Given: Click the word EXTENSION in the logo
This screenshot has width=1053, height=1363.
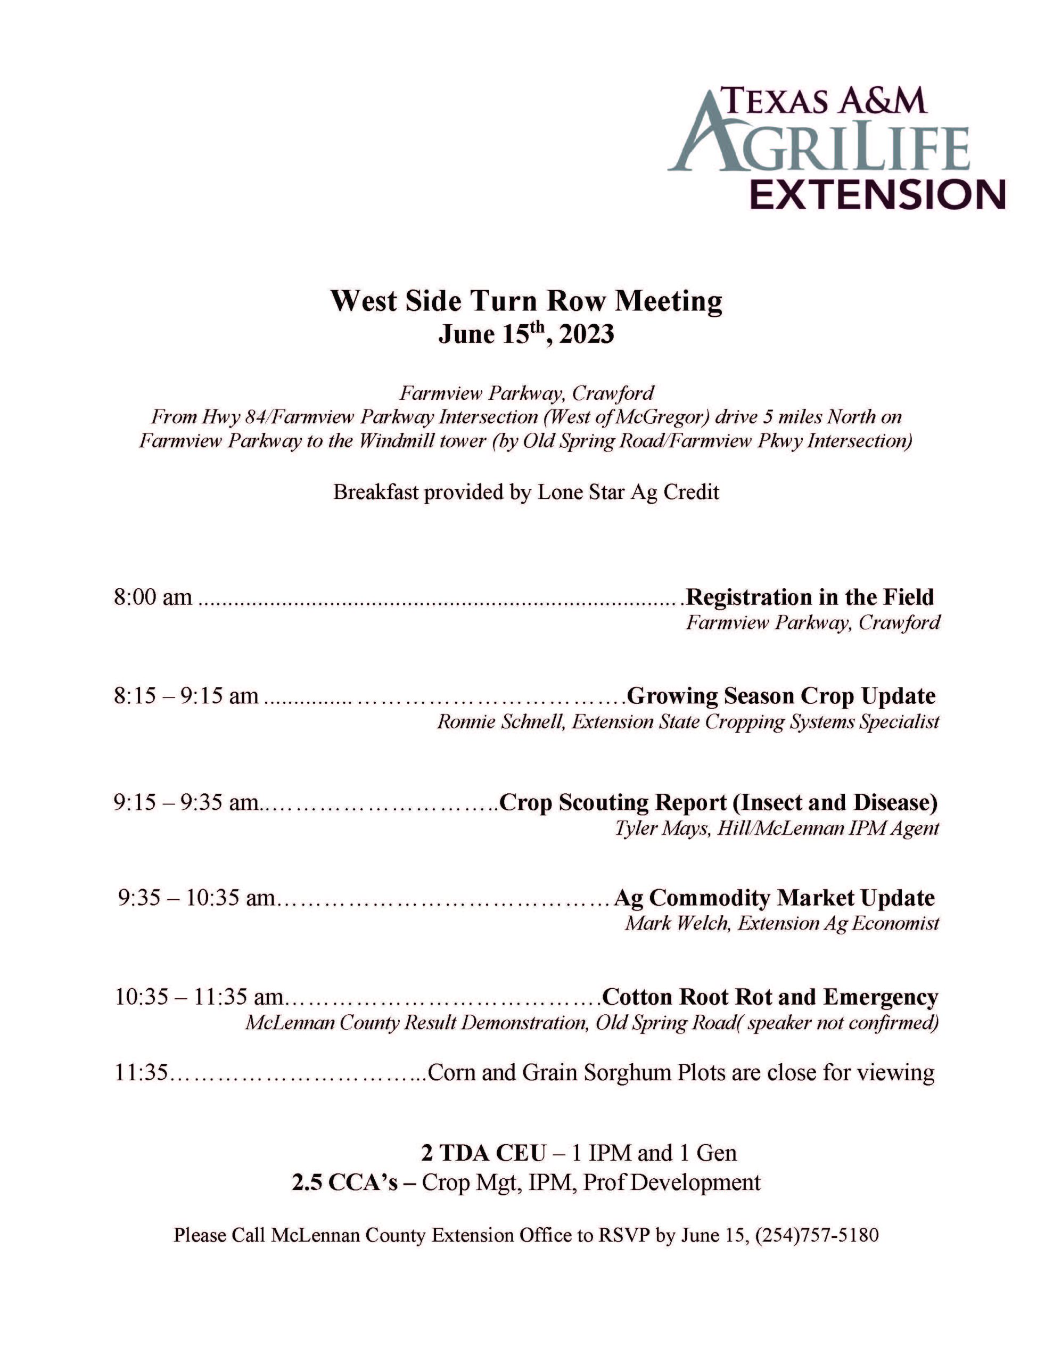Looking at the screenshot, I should click(x=877, y=194).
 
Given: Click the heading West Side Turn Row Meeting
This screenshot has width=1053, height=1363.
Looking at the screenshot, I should click(x=526, y=301).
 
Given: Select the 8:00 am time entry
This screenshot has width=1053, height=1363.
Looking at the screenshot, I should click(x=153, y=597).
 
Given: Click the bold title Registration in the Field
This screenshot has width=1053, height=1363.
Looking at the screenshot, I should click(x=809, y=597).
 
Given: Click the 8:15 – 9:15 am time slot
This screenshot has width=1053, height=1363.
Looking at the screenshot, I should click(x=186, y=696).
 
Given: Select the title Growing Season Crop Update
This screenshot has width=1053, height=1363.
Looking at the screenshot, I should click(x=780, y=696).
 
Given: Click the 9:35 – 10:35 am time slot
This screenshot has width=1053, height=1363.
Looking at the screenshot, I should click(x=196, y=898).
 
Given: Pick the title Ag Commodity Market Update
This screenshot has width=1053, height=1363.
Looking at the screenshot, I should click(x=774, y=898).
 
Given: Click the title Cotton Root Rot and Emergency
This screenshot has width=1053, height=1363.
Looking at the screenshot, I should click(x=770, y=997).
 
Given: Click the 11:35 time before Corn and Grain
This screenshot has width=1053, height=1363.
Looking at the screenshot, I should click(x=142, y=1073).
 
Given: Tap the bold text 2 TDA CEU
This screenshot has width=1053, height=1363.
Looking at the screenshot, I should click(x=484, y=1153).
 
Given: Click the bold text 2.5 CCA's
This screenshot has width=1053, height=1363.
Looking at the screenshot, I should click(x=345, y=1183).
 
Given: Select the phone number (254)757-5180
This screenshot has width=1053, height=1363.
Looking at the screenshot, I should click(x=817, y=1235).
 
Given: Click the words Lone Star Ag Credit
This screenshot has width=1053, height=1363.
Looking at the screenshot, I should click(x=628, y=492).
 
